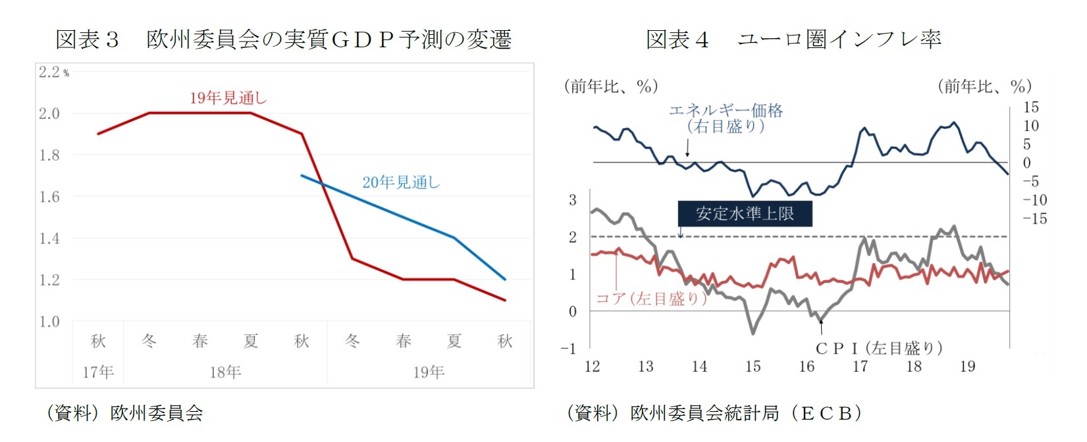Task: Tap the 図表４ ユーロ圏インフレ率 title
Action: point(793,39)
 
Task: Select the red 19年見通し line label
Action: point(228,98)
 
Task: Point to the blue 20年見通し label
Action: point(401,182)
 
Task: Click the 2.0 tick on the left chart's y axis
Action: point(49,114)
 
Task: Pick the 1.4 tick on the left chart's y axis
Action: point(49,239)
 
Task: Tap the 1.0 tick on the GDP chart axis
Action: point(49,322)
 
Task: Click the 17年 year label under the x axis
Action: point(98,372)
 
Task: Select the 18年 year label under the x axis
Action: point(225,372)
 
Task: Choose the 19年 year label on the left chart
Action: point(429,372)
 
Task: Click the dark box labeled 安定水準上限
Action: point(745,214)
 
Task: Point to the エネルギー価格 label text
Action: point(726,110)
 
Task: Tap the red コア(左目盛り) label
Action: point(650,299)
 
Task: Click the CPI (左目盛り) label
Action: point(878,348)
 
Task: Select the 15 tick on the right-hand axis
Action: point(1030,107)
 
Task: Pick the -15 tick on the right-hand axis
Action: point(1034,219)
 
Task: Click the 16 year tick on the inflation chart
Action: point(806,366)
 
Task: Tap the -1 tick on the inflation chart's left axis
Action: point(568,349)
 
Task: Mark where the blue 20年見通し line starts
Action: point(302,176)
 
